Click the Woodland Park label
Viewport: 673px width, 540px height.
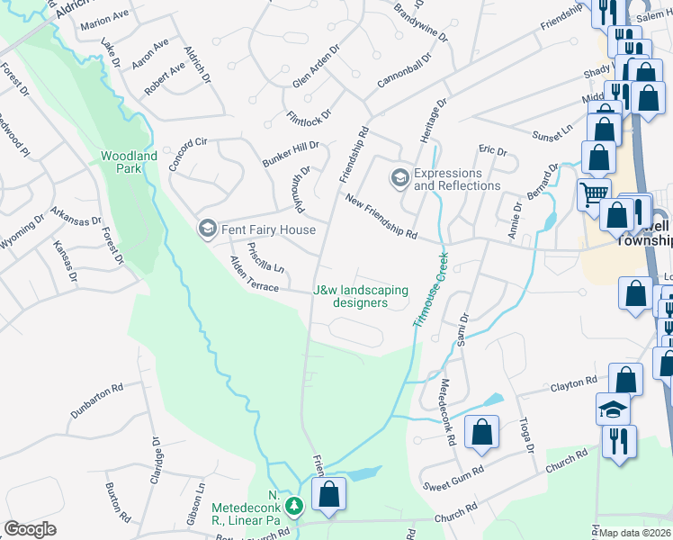tap(129, 162)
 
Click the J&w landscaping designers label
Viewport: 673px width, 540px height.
tap(360, 296)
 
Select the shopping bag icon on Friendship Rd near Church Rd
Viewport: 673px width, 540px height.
tap(328, 492)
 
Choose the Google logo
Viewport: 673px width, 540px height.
tap(30, 529)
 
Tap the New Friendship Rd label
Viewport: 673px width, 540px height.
tap(381, 220)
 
